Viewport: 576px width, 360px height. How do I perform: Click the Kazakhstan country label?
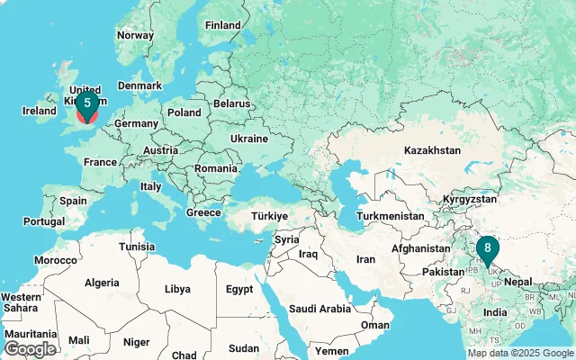coord(432,150)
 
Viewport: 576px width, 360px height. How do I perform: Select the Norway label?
coord(135,35)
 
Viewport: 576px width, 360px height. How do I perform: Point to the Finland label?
coord(222,25)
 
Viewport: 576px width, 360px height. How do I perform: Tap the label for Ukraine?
coord(249,139)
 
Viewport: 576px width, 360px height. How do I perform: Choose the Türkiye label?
coord(268,216)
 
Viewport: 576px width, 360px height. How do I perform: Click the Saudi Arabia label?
coord(319,309)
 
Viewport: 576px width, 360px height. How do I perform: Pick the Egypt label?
coord(239,290)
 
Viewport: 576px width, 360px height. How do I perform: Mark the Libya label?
coord(177,290)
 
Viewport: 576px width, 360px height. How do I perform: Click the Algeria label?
coord(101,283)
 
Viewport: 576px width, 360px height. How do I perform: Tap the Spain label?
coord(74,202)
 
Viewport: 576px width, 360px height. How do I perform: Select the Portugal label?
coord(44,221)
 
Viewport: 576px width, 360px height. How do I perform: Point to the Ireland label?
coord(40,111)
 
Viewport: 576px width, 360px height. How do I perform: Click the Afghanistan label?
coord(420,248)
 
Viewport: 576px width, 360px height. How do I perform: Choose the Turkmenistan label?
coord(390,217)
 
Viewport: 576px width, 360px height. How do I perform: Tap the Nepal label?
coord(519,281)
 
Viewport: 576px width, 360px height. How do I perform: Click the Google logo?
coord(30,348)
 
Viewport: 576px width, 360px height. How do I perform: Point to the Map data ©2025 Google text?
coord(519,353)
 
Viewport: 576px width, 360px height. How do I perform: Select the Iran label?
coord(366,259)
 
